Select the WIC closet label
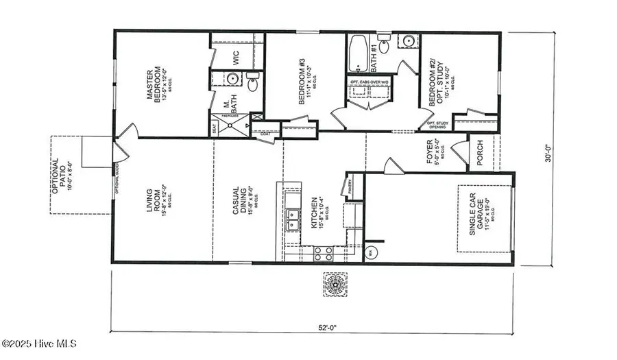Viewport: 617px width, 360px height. (x=236, y=58)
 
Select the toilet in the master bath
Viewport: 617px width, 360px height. (x=253, y=84)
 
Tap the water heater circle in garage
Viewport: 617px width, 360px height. (x=371, y=252)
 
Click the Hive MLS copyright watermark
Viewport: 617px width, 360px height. (x=39, y=343)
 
